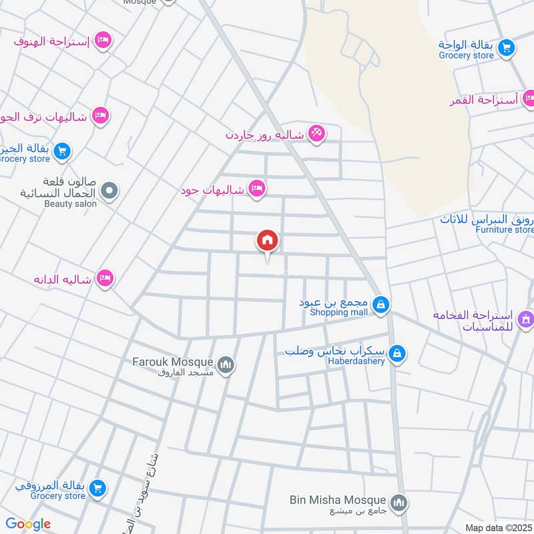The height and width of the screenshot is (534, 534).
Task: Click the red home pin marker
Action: pyautogui.click(x=268, y=241)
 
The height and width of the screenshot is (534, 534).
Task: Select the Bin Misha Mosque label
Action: pyautogui.click(x=338, y=499)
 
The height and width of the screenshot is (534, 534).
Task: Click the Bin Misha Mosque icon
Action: pyautogui.click(x=398, y=502)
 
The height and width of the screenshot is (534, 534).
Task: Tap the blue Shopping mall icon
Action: pyautogui.click(x=380, y=306)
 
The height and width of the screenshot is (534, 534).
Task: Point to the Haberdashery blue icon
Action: pyautogui.click(x=397, y=354)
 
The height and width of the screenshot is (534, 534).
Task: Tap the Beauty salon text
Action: pyautogui.click(x=70, y=204)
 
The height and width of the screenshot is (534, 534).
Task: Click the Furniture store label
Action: pyautogui.click(x=505, y=230)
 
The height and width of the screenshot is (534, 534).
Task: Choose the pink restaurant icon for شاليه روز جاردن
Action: pyautogui.click(x=317, y=134)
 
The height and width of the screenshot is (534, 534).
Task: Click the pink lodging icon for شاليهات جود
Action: pyautogui.click(x=256, y=190)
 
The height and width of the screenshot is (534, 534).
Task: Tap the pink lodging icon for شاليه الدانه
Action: pyautogui.click(x=105, y=278)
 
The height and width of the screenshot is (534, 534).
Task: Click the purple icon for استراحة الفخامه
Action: pyautogui.click(x=525, y=318)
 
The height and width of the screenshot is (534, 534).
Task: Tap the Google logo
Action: pyautogui.click(x=28, y=524)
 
